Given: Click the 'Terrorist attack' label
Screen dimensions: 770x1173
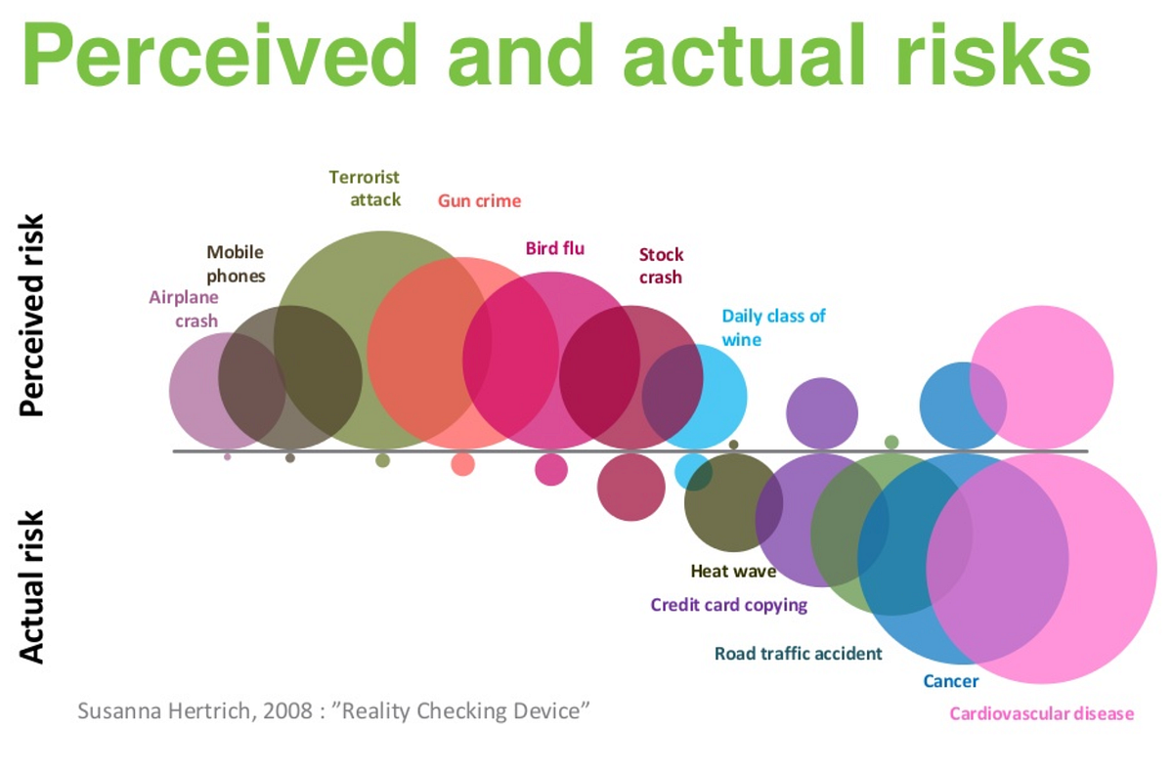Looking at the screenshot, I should tap(365, 189).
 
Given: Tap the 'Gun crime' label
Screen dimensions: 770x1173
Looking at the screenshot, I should tap(478, 201).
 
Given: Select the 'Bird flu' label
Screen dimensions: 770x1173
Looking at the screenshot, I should tap(554, 248).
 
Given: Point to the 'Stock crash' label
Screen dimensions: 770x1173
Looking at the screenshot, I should tap(661, 266).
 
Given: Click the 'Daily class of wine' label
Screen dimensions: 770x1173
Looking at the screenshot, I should tap(773, 327).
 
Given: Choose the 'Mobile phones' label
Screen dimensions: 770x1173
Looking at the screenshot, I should tap(236, 264).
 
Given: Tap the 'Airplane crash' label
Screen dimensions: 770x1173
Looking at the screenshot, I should tap(184, 309).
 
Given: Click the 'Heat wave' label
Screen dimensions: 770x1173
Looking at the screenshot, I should tap(733, 572).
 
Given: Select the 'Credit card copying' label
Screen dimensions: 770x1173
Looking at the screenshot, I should tap(728, 605).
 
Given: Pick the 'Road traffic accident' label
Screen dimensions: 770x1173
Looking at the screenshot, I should tap(798, 654).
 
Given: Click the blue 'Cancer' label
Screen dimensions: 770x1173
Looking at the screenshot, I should tap(950, 681).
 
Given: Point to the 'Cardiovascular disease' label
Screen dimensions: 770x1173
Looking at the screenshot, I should tap(1041, 713).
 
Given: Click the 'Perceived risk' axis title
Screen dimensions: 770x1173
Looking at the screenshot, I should tap(33, 315).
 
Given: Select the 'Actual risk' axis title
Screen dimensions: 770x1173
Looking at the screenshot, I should tap(33, 585).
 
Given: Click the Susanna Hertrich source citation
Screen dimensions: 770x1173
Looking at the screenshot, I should tap(334, 710).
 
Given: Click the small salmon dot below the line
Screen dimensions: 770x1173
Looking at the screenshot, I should tap(462, 464).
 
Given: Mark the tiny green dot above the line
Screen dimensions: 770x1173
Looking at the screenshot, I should tap(891, 443).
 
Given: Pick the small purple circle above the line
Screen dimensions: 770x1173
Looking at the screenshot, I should tap(822, 412).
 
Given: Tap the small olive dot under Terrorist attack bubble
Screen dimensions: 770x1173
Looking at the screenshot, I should tap(382, 460).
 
